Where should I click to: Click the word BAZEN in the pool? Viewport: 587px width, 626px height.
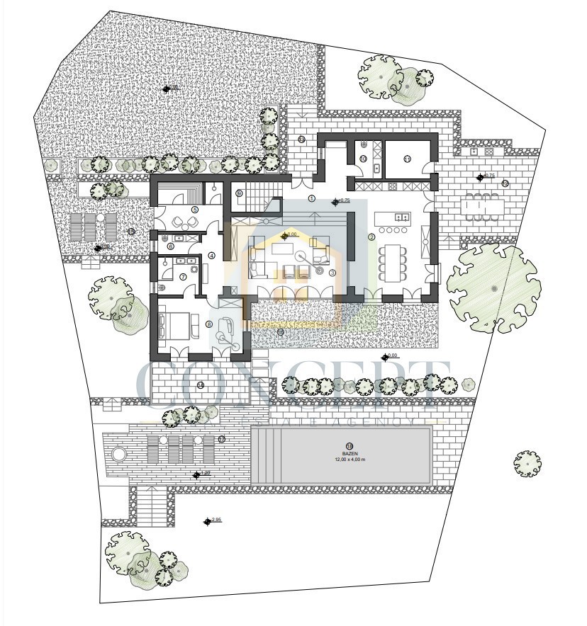[348, 453]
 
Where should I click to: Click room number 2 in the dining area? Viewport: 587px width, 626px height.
[371, 237]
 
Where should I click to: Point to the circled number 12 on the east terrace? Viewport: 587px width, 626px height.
[505, 183]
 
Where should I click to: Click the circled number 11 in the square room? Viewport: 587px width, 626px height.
[407, 160]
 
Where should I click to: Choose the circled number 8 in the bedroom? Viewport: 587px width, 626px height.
[208, 324]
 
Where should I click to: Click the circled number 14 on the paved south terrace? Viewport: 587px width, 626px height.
[201, 385]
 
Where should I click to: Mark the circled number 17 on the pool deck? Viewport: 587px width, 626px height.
[222, 440]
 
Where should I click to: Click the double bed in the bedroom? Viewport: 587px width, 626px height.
[176, 324]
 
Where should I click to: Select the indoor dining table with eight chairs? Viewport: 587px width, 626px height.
[392, 263]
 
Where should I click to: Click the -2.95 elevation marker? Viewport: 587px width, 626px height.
[208, 521]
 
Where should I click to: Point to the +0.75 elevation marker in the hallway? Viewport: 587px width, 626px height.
[336, 202]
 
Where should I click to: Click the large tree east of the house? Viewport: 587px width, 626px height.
[494, 288]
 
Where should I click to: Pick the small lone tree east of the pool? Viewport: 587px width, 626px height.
[527, 463]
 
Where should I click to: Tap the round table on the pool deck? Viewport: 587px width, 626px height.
[118, 453]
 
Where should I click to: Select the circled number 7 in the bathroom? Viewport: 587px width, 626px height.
[183, 277]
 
